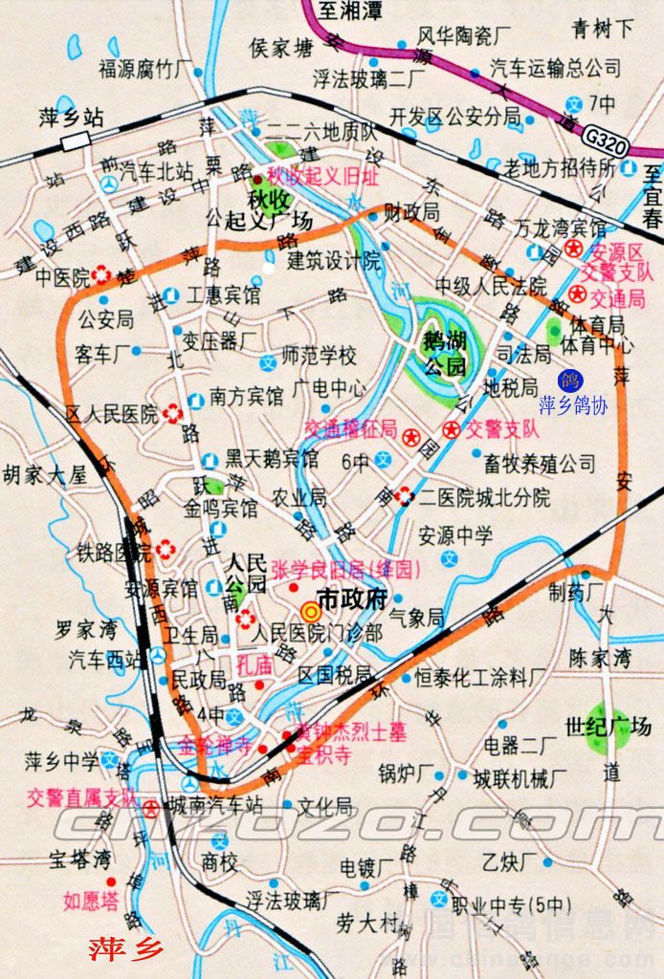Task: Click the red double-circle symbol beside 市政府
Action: (310, 612)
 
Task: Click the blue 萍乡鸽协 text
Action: (573, 404)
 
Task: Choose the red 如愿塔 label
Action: (91, 899)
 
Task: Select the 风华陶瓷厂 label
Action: (464, 36)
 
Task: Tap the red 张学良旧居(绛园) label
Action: (346, 570)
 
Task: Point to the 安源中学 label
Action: (454, 534)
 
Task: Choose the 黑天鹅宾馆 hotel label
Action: (272, 458)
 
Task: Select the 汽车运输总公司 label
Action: (556, 68)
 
